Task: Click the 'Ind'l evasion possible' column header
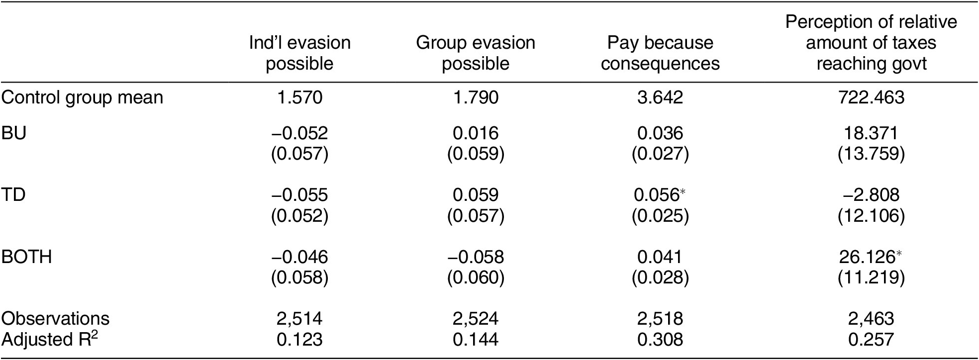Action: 299,53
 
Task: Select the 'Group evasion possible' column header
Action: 476,53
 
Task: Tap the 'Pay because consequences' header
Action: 660,53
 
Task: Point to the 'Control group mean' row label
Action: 82,97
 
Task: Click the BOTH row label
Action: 26,257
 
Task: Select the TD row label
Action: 13,195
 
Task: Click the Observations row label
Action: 55,318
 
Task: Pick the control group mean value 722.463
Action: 871,97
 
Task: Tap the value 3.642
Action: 660,97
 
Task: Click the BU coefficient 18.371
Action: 871,133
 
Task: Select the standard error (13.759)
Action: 871,154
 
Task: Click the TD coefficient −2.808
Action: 871,195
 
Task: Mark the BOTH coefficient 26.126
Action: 868,257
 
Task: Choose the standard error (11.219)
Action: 871,278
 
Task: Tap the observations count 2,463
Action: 871,318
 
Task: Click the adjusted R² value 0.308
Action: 660,340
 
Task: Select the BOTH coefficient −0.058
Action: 476,257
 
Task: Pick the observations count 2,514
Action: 299,318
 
